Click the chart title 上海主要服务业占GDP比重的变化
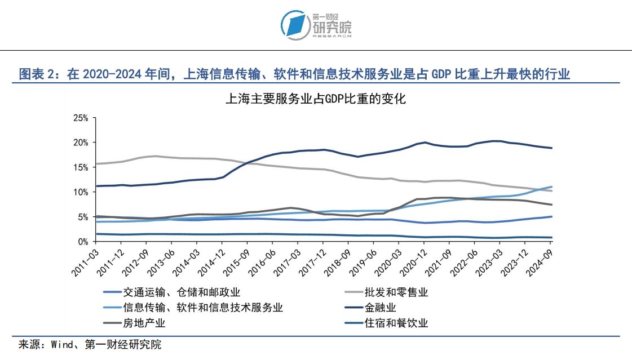[315, 100]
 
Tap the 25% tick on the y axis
[81, 118]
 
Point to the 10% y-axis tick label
[81, 192]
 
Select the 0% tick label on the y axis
[83, 242]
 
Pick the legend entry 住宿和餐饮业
[396, 323]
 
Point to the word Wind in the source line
[61, 345]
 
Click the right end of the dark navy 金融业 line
[551, 148]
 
